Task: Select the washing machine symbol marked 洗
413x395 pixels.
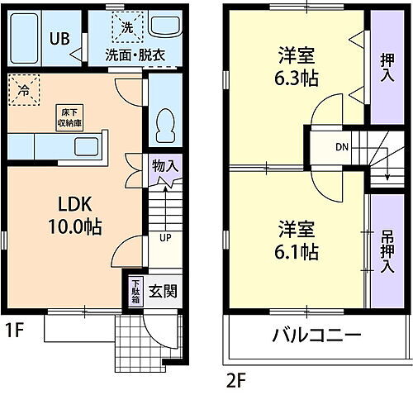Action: click(127, 27)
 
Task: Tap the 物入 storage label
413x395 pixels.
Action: click(164, 165)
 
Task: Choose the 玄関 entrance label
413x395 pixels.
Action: click(161, 291)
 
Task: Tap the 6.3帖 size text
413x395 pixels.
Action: click(297, 80)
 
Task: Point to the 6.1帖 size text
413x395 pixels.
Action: click(297, 249)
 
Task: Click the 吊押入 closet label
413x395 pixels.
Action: click(387, 250)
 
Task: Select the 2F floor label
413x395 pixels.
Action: click(237, 381)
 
